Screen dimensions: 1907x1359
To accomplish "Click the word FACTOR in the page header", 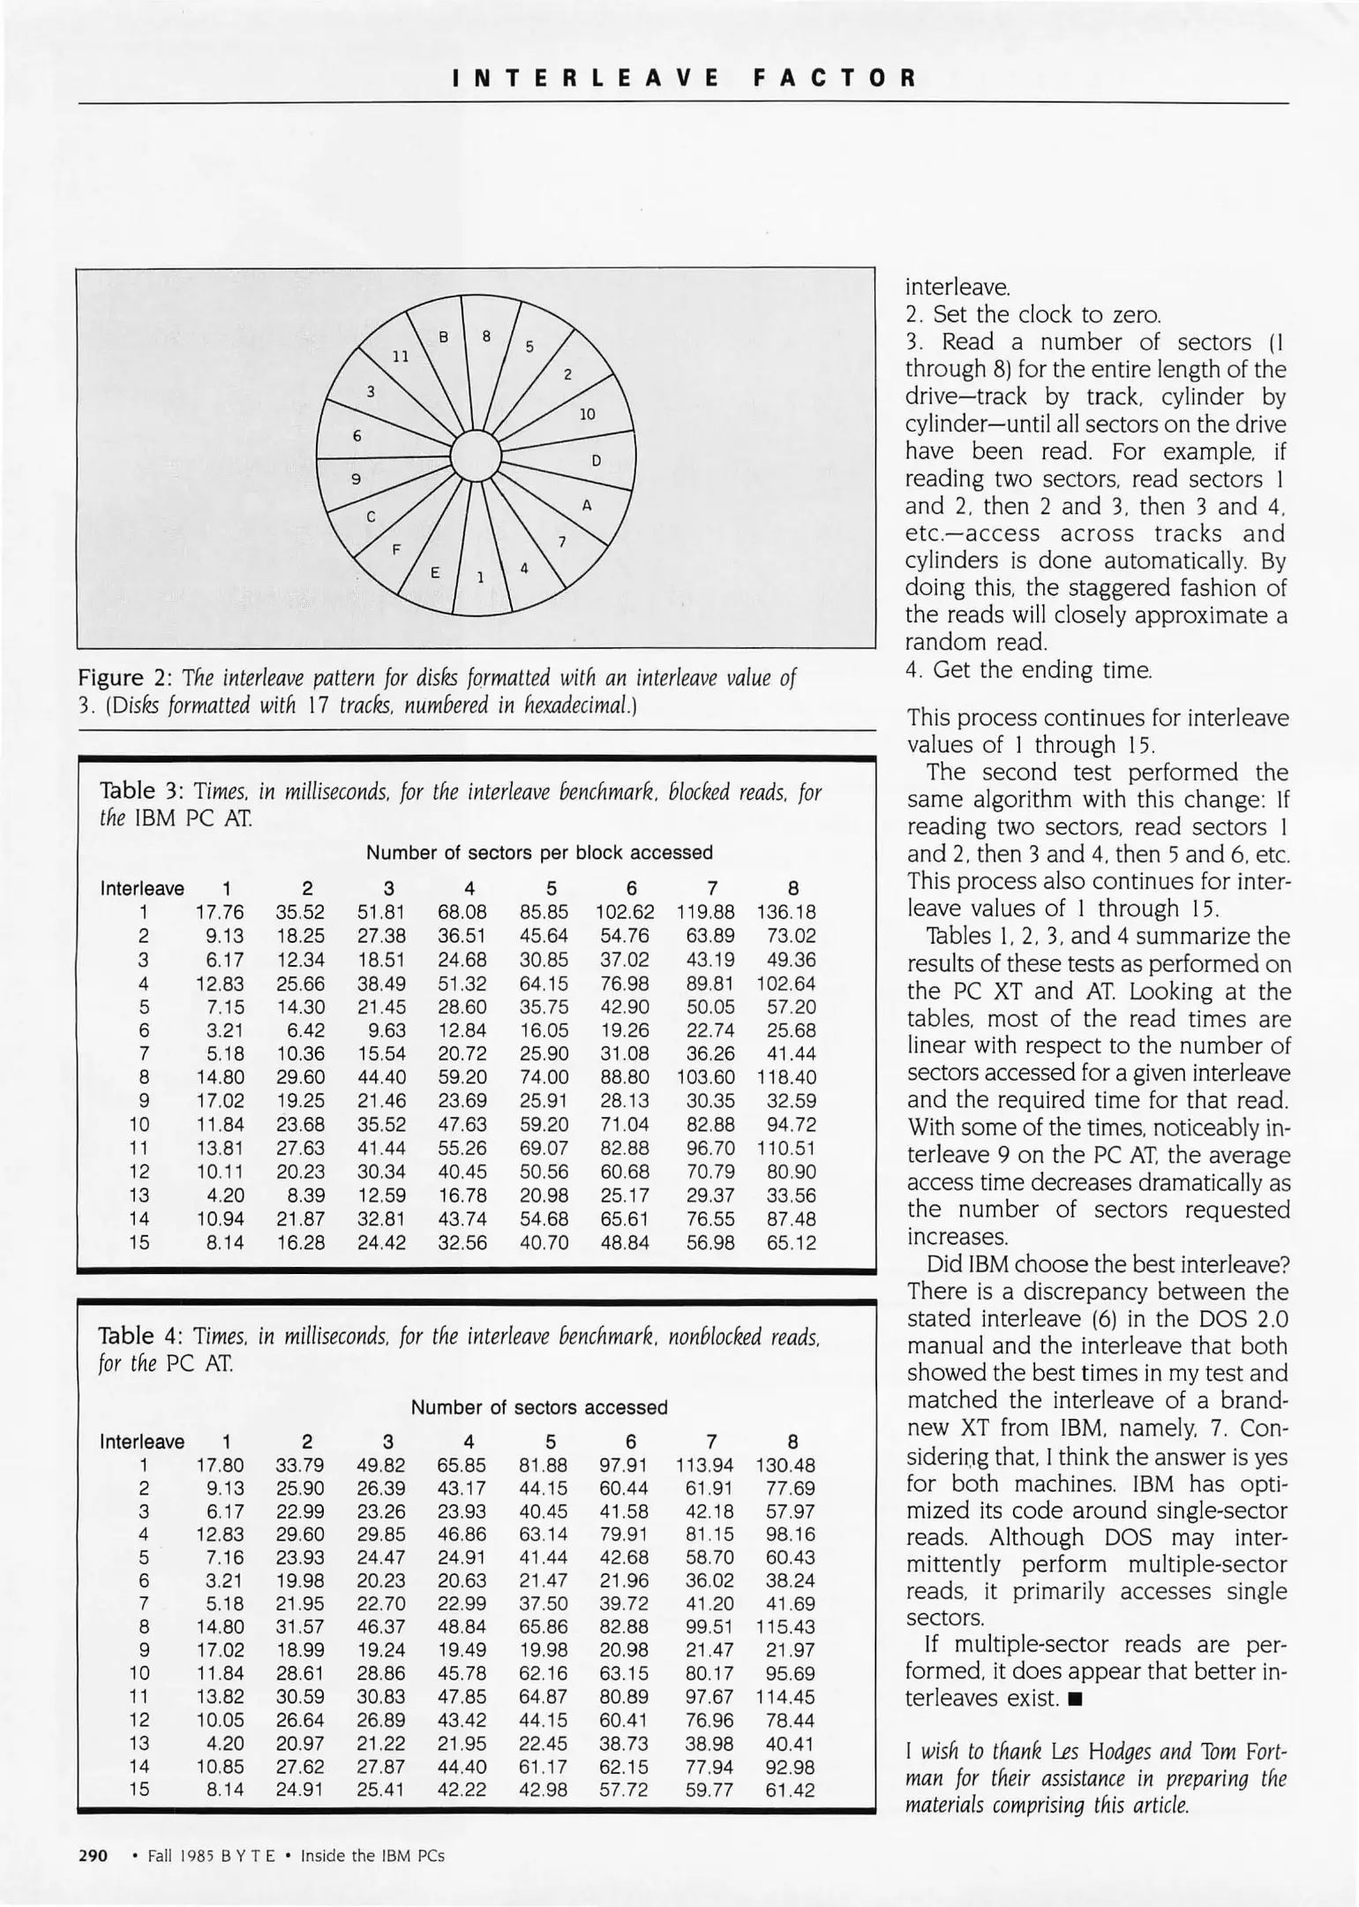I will coord(836,78).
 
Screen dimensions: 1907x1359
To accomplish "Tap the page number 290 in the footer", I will coord(94,1855).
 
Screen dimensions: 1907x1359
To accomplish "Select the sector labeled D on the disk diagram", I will coord(596,461).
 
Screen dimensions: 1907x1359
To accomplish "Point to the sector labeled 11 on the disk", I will coord(401,357).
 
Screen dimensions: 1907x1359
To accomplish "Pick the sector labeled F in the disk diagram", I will coord(396,548).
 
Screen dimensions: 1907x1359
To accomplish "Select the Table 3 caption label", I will coord(140,791).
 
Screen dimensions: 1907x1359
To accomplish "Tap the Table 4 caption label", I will coord(140,1336).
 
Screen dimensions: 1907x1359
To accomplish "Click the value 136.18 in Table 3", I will coord(786,912).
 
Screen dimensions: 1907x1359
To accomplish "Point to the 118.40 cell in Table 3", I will coord(786,1077).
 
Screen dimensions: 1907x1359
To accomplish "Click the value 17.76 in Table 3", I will coord(220,912).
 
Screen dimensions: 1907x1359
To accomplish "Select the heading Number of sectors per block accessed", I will coord(539,853).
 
